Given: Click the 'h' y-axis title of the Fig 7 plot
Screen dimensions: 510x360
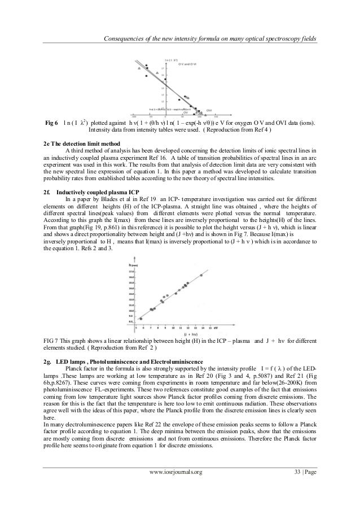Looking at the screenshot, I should [130, 265].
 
